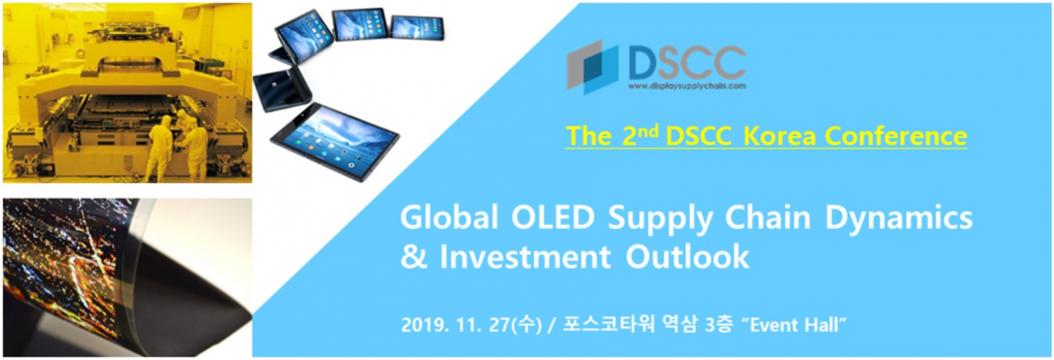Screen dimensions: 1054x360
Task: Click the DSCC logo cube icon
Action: (592, 68)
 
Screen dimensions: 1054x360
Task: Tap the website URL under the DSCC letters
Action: (687, 86)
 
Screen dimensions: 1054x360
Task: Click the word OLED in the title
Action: (553, 217)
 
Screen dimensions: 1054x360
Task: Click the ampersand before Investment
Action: (413, 257)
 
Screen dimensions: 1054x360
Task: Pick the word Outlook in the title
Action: (687, 257)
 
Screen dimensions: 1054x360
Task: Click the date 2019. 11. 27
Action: (455, 325)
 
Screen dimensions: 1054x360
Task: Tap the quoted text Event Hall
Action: (794, 325)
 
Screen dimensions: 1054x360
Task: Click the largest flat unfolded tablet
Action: (335, 140)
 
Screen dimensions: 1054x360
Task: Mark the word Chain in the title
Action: (768, 217)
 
